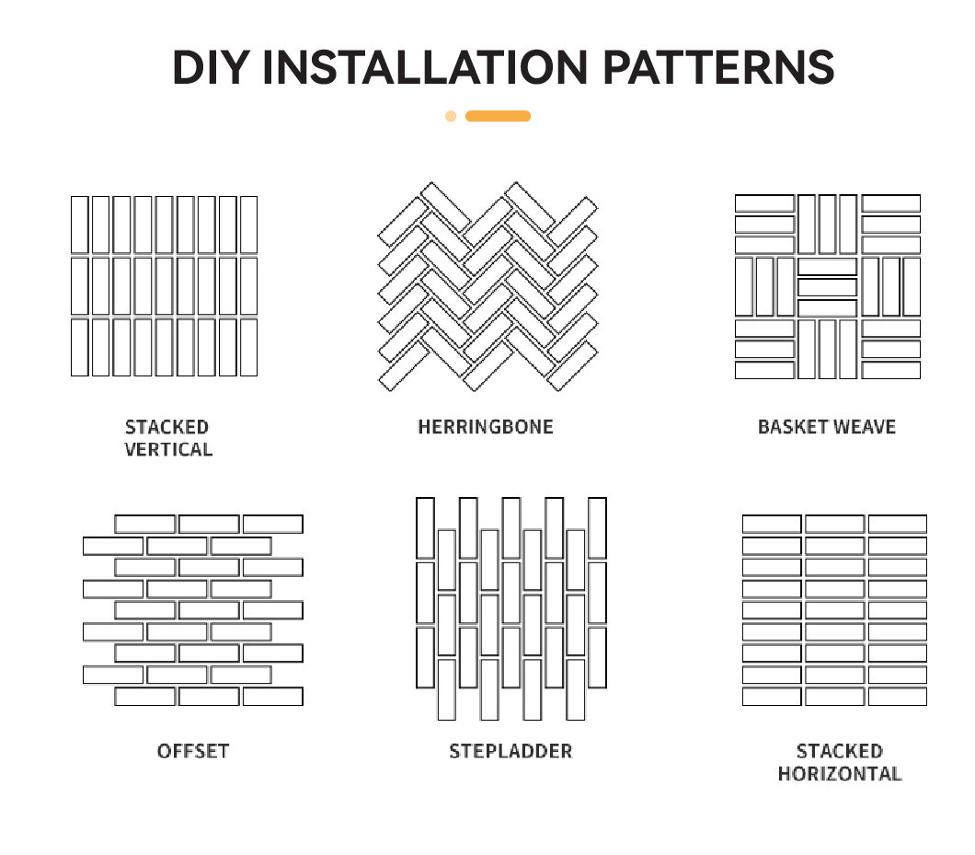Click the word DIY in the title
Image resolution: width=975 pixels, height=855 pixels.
tap(211, 67)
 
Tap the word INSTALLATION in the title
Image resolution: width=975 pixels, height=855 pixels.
tap(425, 67)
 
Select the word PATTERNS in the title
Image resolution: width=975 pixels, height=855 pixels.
tap(718, 67)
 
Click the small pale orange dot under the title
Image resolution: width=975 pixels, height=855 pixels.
tap(451, 116)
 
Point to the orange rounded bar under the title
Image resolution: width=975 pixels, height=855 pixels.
tap(498, 116)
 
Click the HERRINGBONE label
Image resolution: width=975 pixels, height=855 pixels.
tap(486, 427)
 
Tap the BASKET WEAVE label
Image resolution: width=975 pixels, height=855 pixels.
tap(827, 427)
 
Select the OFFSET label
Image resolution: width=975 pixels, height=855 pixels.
tap(193, 751)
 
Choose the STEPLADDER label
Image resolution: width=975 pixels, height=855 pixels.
tap(510, 751)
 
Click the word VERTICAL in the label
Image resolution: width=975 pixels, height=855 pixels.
tap(168, 449)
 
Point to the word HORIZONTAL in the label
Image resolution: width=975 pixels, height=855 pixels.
tap(840, 773)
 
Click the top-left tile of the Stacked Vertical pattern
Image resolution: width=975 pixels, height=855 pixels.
tap(80, 225)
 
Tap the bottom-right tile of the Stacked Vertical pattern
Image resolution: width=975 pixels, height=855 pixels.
tap(248, 347)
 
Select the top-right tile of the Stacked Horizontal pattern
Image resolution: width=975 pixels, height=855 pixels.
tap(897, 524)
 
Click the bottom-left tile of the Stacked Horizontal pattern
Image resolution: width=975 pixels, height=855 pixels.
tap(772, 697)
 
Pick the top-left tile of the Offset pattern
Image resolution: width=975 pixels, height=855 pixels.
tap(145, 524)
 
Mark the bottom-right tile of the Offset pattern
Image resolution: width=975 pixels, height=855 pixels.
tap(273, 697)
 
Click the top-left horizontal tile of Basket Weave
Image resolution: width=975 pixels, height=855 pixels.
tap(765, 203)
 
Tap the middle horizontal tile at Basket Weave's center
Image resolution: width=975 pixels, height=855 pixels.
tap(827, 287)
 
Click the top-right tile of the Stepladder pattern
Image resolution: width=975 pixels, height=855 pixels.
tap(597, 527)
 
